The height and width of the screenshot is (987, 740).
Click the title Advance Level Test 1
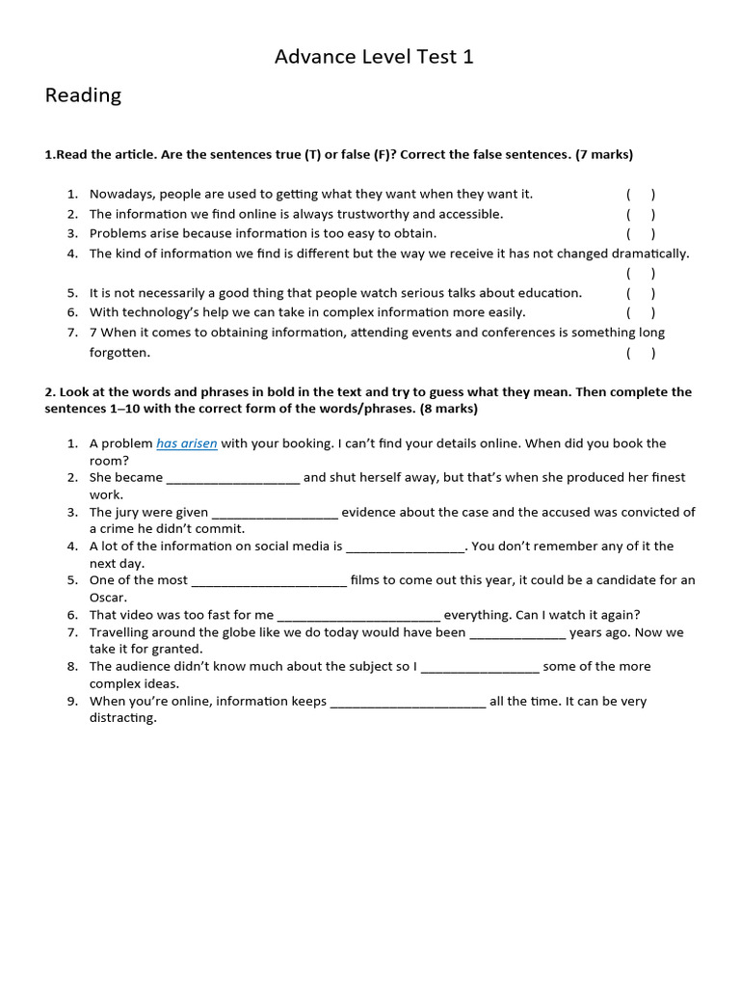[374, 57]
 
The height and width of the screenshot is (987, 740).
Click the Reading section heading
[83, 95]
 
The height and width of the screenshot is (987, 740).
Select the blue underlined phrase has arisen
[187, 443]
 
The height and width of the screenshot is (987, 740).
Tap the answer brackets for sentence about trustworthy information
[641, 214]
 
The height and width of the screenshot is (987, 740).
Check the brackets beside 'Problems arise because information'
[641, 233]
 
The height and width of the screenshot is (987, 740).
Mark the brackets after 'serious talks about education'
[641, 293]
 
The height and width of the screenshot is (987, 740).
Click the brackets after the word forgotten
[641, 353]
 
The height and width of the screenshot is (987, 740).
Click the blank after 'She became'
[233, 478]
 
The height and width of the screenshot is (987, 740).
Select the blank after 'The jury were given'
[275, 513]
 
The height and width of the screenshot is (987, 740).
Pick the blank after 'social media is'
[405, 547]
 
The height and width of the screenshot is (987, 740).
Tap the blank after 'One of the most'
[269, 581]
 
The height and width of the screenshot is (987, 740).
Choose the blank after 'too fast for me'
[358, 615]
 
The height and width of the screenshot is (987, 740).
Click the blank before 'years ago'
[517, 633]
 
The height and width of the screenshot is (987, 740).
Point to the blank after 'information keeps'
[408, 702]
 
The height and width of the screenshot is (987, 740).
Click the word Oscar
[108, 598]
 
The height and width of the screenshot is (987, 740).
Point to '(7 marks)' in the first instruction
[604, 154]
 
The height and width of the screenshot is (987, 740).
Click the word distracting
[122, 718]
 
